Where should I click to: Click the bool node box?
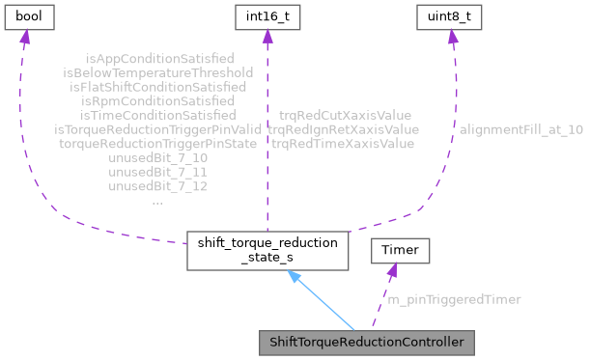(27, 16)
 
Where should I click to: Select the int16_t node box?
(267, 16)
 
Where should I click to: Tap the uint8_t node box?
(448, 16)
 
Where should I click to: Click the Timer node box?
(401, 251)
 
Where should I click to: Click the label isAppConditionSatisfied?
(157, 59)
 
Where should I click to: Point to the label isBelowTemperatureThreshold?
(157, 72)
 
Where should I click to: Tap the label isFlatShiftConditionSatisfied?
(157, 86)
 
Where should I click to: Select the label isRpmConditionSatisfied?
(157, 99)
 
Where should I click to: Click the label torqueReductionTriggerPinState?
(157, 142)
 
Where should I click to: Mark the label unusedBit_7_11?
(157, 170)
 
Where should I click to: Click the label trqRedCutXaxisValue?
(343, 115)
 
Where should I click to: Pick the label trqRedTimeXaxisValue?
(343, 143)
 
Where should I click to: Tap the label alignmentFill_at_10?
(521, 128)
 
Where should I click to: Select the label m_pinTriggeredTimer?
(454, 299)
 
